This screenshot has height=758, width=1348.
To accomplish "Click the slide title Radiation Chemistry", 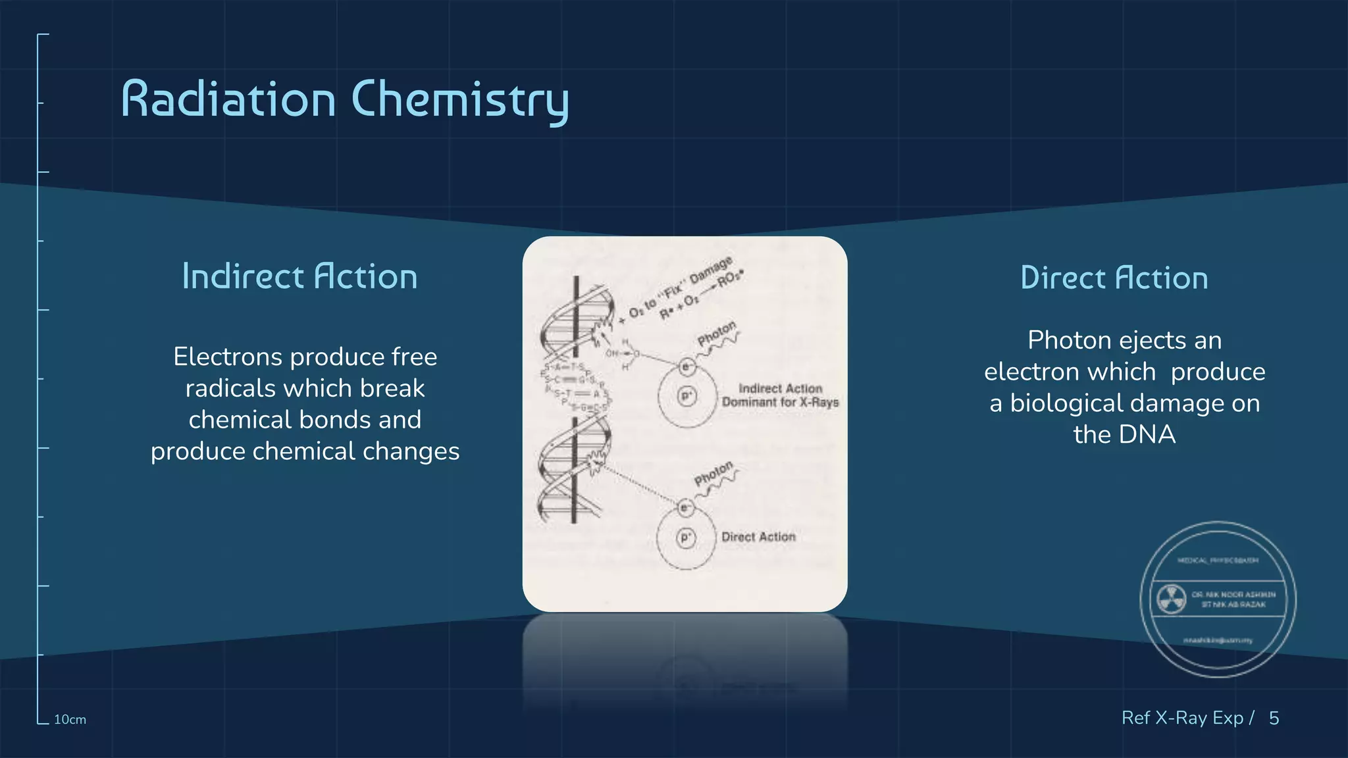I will [345, 100].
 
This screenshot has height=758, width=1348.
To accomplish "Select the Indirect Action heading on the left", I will [299, 277].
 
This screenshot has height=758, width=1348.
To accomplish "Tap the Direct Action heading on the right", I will [1114, 278].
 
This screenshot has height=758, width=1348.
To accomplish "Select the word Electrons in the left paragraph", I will [227, 357].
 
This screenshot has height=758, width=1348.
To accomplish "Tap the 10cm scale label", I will [70, 720].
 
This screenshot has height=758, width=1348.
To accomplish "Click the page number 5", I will [1274, 718].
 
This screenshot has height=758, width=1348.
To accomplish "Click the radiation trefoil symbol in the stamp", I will [1172, 599].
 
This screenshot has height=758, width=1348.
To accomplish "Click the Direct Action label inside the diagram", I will [758, 537].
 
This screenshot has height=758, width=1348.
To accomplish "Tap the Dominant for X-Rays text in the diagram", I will [780, 402].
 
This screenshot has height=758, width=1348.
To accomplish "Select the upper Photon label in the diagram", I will [716, 334].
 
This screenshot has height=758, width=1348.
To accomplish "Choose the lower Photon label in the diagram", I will [713, 474].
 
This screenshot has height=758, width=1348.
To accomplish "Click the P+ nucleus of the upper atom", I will [687, 396].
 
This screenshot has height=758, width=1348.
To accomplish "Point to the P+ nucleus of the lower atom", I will [685, 538].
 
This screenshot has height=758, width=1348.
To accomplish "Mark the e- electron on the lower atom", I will [685, 507].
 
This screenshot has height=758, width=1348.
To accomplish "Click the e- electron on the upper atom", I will [687, 366].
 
